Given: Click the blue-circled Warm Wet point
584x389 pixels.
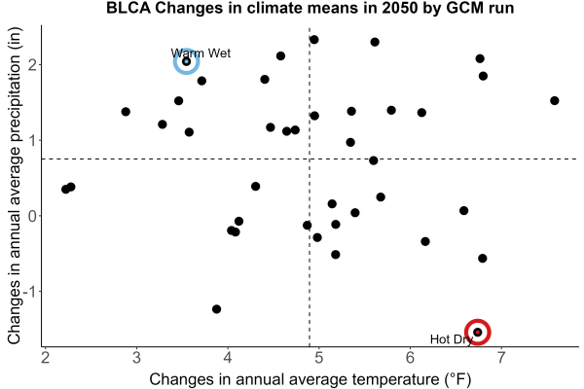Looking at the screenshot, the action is [187, 61].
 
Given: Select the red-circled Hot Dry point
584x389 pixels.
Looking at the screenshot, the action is [478, 332].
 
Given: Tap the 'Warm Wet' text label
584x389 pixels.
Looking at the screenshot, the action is [201, 53].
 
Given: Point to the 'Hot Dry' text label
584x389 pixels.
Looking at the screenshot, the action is [452, 339].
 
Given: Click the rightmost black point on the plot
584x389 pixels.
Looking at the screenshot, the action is [554, 100].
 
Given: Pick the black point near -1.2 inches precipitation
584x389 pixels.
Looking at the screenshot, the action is [216, 309].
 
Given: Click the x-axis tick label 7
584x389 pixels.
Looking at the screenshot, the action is [501, 358].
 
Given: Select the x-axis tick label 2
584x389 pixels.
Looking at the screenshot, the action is [45, 358].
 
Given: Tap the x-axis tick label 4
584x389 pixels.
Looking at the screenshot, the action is [228, 358].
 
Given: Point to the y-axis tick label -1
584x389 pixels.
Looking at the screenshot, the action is [30, 291].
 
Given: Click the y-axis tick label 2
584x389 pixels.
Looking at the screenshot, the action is [33, 65].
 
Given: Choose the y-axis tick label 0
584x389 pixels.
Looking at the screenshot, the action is [33, 216].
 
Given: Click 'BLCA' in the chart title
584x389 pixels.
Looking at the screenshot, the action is [128, 8].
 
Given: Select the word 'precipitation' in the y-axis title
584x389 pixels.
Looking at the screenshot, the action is [15, 101].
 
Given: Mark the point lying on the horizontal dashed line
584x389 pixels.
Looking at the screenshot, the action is [373, 160].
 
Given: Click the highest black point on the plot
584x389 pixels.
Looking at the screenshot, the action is [314, 40].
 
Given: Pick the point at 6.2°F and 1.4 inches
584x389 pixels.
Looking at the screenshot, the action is [421, 113].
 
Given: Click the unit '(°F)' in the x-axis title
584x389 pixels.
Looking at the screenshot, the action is [457, 379].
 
